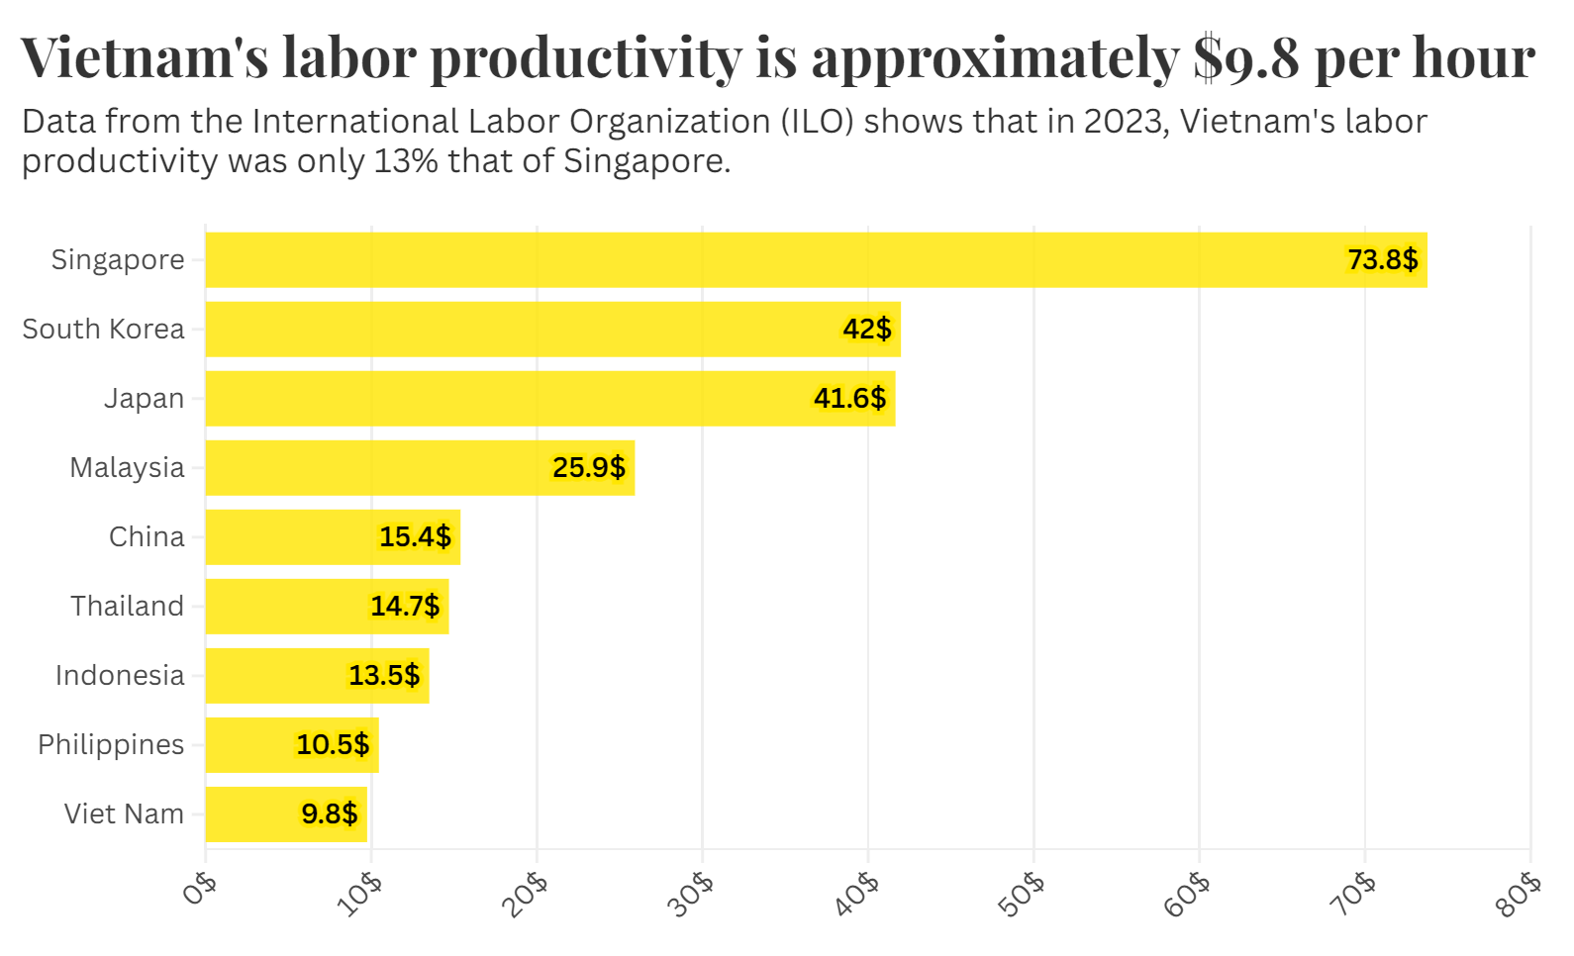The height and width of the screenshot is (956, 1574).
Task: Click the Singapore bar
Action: (x=816, y=260)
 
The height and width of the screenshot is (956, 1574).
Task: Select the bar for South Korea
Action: (x=552, y=330)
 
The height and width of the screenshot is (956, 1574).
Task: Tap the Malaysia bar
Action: (x=420, y=468)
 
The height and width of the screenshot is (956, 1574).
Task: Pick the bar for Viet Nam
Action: (x=286, y=814)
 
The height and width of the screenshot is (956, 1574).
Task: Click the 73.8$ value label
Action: (x=1382, y=260)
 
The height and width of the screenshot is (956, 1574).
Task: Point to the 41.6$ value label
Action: (x=849, y=399)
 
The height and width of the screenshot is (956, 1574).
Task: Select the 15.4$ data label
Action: (x=415, y=537)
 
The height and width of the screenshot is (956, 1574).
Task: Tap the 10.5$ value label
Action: (x=333, y=745)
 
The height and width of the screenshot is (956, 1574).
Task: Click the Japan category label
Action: (x=145, y=399)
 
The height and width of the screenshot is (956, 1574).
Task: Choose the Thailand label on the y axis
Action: (x=127, y=607)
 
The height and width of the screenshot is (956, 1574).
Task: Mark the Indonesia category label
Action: (x=120, y=676)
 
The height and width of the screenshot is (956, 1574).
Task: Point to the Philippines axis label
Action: (x=111, y=745)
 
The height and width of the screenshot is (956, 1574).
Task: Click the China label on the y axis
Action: (x=147, y=537)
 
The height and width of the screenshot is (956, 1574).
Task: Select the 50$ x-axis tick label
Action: (x=1023, y=895)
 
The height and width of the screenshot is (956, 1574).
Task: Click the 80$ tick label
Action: (x=1520, y=895)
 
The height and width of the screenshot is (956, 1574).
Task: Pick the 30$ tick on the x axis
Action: (x=691, y=895)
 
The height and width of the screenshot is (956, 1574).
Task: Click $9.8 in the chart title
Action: (x=1245, y=57)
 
